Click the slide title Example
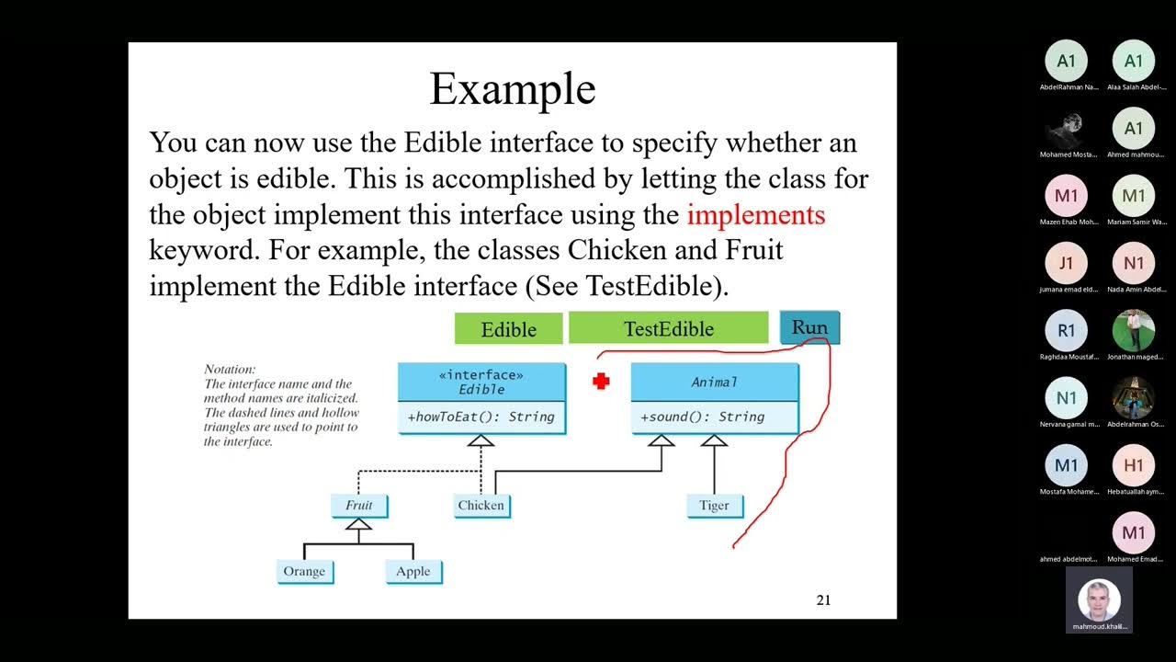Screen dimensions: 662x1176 pyautogui.click(x=513, y=89)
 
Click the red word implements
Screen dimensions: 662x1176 pyautogui.click(x=756, y=215)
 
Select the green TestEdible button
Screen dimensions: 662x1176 pyautogui.click(x=668, y=328)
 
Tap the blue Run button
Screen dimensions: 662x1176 pyautogui.click(x=809, y=327)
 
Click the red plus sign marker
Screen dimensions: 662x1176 pyautogui.click(x=601, y=381)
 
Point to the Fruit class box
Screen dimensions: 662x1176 pyautogui.click(x=359, y=506)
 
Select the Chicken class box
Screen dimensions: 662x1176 pyautogui.click(x=481, y=506)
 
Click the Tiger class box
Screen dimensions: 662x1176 pyautogui.click(x=714, y=506)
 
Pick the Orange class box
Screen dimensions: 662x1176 pyautogui.click(x=304, y=571)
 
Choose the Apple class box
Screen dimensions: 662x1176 pyautogui.click(x=413, y=571)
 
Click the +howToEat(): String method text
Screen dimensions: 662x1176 pyautogui.click(x=481, y=417)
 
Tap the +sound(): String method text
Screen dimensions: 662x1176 pyautogui.click(x=703, y=417)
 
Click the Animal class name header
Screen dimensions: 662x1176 pyautogui.click(x=714, y=382)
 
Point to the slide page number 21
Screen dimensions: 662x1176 pyautogui.click(x=823, y=600)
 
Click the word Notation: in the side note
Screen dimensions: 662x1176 pyautogui.click(x=230, y=369)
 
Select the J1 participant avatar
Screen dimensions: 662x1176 pyautogui.click(x=1066, y=263)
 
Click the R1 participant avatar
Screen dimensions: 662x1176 pyautogui.click(x=1066, y=331)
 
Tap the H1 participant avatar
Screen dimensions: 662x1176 pyautogui.click(x=1133, y=465)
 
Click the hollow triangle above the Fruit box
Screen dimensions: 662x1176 pyautogui.click(x=359, y=524)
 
